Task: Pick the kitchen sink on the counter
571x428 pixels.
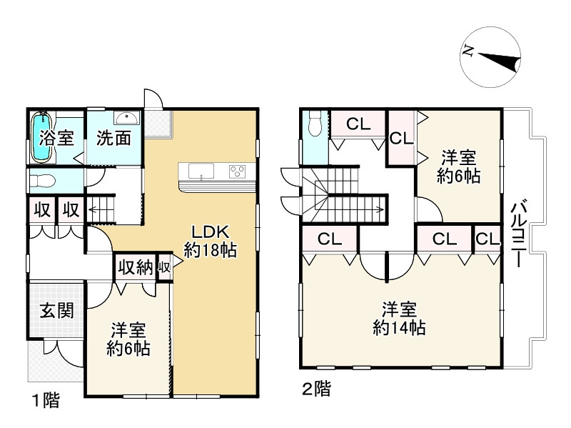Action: click(199, 171)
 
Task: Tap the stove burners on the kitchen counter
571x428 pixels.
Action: click(237, 171)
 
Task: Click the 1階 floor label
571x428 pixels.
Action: click(44, 400)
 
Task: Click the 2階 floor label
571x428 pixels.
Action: click(315, 389)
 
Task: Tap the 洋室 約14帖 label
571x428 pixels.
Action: click(399, 319)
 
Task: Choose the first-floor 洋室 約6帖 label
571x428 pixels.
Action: click(128, 339)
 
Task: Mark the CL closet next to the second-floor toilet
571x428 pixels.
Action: click(358, 124)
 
